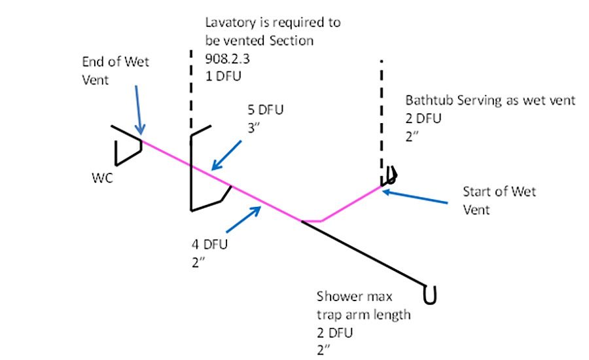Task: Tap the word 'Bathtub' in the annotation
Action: tap(428, 101)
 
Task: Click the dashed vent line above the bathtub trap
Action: tap(382, 118)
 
